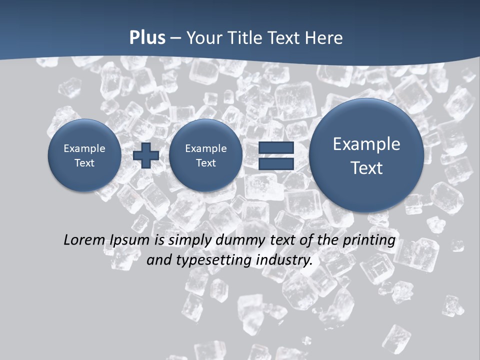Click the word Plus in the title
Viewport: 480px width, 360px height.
coord(147,38)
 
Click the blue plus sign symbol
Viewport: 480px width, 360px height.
coord(146,155)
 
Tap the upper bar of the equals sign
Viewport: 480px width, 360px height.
coord(276,147)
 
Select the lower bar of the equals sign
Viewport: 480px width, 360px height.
coord(276,163)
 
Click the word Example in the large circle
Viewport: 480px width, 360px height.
coord(366,144)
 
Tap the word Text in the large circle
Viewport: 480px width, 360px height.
coord(366,168)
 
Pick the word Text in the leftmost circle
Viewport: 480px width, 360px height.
coord(84,163)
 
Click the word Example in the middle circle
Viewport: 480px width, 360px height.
coord(205,148)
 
